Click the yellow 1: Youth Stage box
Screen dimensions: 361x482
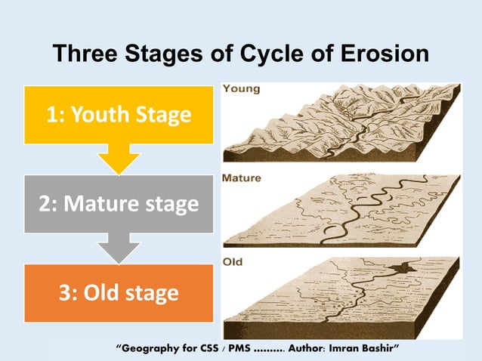[119, 115]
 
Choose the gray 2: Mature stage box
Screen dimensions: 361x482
[119, 203]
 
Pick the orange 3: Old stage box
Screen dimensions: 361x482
[119, 292]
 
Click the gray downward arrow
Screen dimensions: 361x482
[119, 247]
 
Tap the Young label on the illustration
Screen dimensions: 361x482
[242, 89]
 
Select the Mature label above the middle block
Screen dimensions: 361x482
[243, 178]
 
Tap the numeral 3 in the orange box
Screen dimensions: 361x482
[66, 292]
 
